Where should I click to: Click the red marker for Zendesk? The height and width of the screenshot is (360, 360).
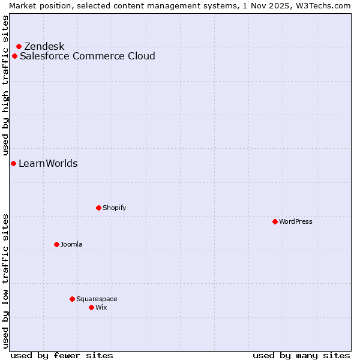tap(19, 46)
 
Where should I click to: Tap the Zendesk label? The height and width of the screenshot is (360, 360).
tap(44, 47)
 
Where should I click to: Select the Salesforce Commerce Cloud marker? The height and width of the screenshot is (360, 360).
tap(14, 56)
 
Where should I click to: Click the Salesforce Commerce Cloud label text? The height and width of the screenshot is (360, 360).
tap(87, 56)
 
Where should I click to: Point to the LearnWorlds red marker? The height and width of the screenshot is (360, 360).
tap(13, 164)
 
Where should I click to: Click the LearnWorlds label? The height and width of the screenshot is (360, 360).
tap(48, 164)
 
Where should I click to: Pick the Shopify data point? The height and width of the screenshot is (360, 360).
tap(98, 208)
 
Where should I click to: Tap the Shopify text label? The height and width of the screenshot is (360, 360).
tap(114, 208)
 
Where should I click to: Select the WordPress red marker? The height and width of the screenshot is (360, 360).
tap(275, 221)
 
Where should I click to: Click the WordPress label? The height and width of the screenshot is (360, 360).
tap(295, 221)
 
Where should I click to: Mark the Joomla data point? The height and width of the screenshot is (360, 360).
tap(56, 244)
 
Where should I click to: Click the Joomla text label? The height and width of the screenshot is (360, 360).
tap(71, 244)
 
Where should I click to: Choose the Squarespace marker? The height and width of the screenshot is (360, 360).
tap(72, 299)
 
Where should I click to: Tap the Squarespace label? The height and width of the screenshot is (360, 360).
tap(97, 299)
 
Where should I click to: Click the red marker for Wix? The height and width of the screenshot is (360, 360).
tap(91, 307)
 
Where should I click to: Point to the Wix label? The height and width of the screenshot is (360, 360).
tap(101, 307)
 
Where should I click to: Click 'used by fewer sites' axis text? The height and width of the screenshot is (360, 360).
tap(62, 355)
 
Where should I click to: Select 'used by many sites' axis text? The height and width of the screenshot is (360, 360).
tap(301, 355)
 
